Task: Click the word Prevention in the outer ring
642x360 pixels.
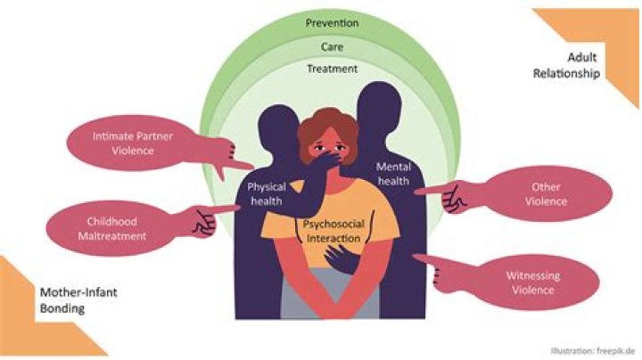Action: tap(331, 22)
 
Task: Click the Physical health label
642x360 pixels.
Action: tap(265, 194)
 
